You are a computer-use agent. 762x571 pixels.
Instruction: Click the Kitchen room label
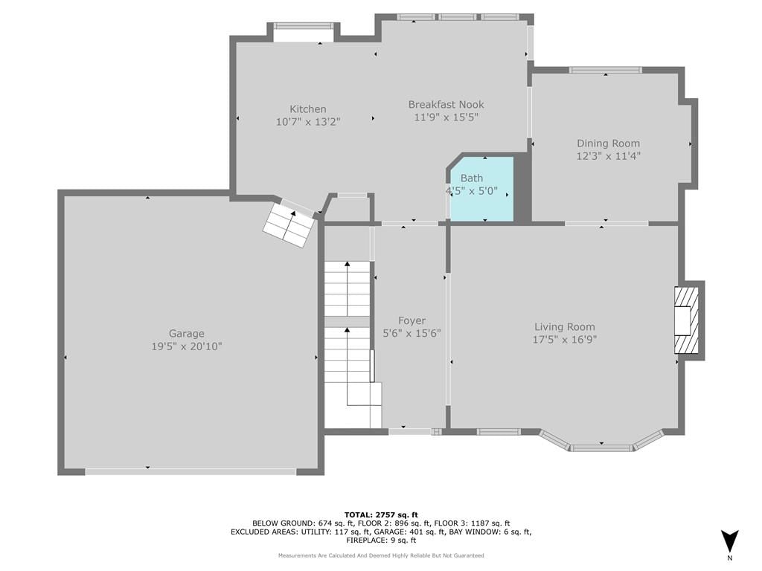tap(307, 109)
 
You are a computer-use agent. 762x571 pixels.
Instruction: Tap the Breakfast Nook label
tap(446, 104)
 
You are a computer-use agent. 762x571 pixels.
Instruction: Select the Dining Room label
tap(609, 143)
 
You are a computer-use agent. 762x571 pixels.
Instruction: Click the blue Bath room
tap(482, 190)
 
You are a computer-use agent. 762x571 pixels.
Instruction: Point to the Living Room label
tap(565, 327)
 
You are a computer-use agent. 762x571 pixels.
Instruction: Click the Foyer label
tap(412, 320)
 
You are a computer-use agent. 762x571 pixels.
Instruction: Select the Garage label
tap(187, 334)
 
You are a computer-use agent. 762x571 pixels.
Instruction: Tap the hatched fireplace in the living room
tap(686, 320)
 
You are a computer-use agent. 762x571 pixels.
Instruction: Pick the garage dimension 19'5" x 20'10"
tap(187, 346)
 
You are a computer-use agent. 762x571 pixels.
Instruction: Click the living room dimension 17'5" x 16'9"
tap(565, 339)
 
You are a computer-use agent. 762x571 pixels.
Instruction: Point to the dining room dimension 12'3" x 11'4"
tap(609, 156)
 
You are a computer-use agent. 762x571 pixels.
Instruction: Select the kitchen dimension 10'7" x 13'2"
tap(307, 121)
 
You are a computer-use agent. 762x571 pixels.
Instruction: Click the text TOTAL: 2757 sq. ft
tap(381, 514)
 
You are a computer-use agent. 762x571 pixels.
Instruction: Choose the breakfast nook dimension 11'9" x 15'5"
tap(446, 117)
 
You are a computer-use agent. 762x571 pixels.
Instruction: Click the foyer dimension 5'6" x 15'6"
tap(412, 333)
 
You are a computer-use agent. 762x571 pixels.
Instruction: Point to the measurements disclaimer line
tap(381, 555)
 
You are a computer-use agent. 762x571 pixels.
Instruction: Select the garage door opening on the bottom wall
tap(190, 471)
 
